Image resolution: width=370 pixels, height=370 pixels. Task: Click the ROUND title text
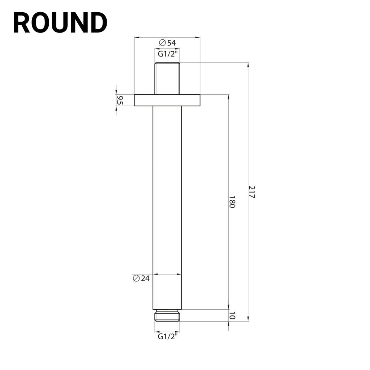(60, 23)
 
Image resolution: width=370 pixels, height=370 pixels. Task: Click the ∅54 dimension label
(167, 43)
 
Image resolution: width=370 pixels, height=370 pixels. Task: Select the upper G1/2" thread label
(167, 54)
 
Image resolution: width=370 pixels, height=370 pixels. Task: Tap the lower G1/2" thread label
(167, 336)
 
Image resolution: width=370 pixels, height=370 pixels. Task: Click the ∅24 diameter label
(141, 278)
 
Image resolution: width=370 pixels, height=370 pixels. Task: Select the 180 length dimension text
(232, 202)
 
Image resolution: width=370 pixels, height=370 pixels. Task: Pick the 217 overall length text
(251, 192)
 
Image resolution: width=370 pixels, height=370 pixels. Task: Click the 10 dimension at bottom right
(232, 315)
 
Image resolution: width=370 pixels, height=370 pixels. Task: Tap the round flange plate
(167, 100)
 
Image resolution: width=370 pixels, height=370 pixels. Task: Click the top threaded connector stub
(167, 78)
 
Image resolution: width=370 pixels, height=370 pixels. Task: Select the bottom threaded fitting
(167, 315)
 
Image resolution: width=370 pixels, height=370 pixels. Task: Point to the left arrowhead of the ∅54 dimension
(137, 37)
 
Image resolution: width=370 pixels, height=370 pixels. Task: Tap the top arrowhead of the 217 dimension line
(248, 65)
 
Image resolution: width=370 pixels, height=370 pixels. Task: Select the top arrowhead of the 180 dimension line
(228, 97)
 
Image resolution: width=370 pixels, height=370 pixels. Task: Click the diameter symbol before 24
(136, 278)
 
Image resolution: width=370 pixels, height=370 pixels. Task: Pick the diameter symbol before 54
(162, 43)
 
